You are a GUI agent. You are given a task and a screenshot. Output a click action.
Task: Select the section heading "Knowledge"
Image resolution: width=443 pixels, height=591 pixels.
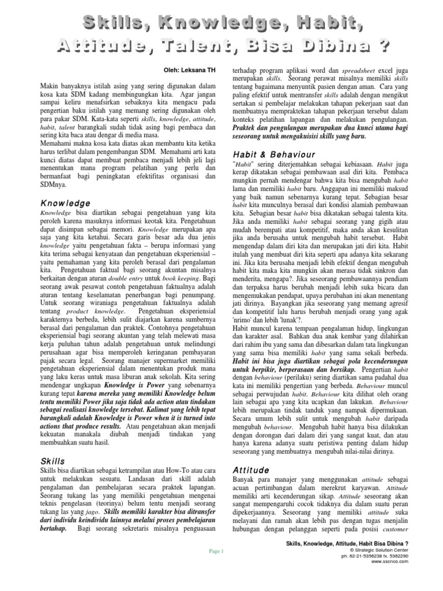65,203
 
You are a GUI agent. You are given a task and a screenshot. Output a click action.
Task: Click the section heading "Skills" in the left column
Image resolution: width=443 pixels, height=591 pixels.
52,461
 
